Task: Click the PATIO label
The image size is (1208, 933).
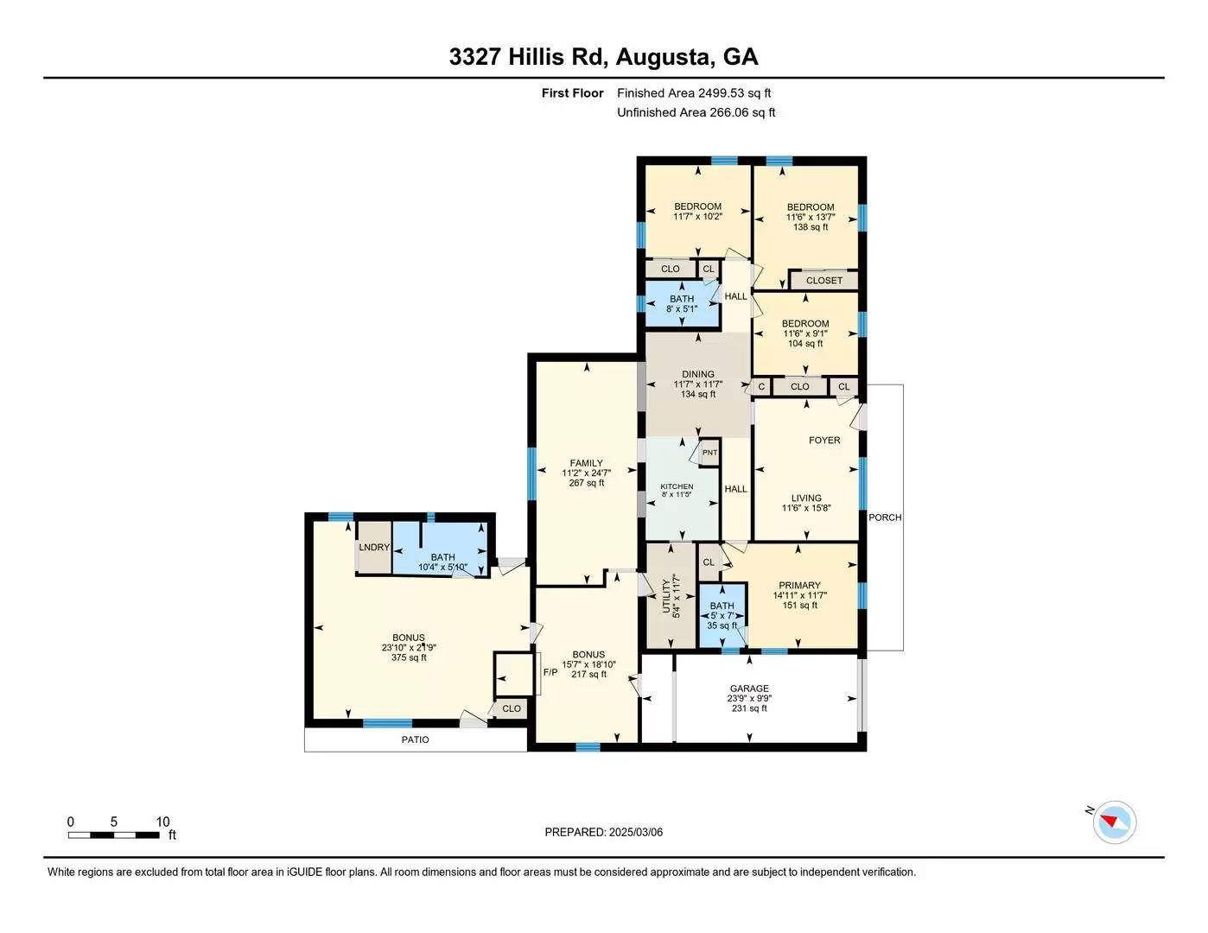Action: coord(415,739)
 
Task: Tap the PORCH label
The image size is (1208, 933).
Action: coord(885,517)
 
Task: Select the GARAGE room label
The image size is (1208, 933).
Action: coord(748,689)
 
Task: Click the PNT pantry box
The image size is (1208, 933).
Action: coord(709,453)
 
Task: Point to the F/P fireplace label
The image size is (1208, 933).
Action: coord(550,672)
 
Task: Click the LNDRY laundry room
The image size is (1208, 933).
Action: coord(374,548)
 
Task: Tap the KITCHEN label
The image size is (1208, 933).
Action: coord(677,486)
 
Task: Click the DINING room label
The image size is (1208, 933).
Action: coord(697,374)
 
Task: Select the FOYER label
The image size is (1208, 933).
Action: coord(824,440)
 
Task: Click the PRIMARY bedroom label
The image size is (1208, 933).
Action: coord(799,585)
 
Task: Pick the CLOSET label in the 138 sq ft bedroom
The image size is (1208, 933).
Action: coord(823,280)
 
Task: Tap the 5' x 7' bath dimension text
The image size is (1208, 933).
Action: coord(722,616)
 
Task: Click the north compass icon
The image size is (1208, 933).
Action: coord(1114,822)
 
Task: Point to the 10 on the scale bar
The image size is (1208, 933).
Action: coord(162,822)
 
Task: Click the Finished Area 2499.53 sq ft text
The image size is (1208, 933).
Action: coord(694,92)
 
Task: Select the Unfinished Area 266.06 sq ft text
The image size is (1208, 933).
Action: coord(696,112)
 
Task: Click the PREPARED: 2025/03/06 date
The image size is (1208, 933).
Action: coord(603,832)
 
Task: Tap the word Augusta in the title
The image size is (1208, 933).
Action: coord(664,57)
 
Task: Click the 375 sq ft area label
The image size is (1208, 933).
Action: coord(409,657)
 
